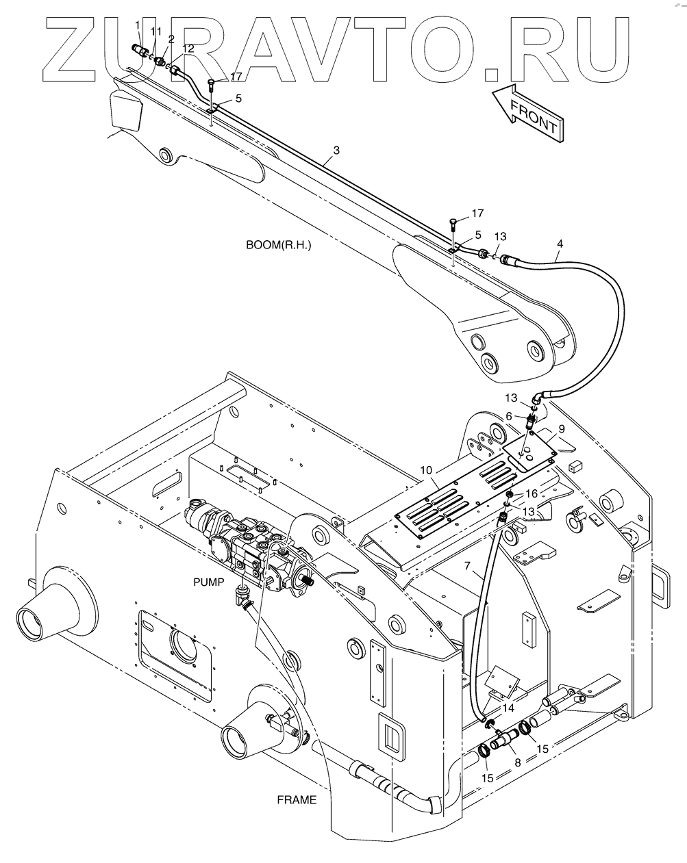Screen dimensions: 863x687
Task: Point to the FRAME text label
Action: point(297,799)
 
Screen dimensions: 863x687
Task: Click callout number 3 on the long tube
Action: point(336,150)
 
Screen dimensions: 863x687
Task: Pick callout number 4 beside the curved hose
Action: point(560,244)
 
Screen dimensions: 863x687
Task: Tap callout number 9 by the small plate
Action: point(561,429)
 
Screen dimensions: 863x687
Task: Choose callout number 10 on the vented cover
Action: point(426,472)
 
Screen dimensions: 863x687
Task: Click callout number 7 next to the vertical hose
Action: point(468,567)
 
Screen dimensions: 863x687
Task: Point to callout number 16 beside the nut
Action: point(532,493)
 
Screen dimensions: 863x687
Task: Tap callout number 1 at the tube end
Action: point(138,26)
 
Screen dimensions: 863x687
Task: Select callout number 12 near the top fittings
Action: point(188,49)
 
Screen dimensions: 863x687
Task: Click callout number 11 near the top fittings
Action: point(156,31)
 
